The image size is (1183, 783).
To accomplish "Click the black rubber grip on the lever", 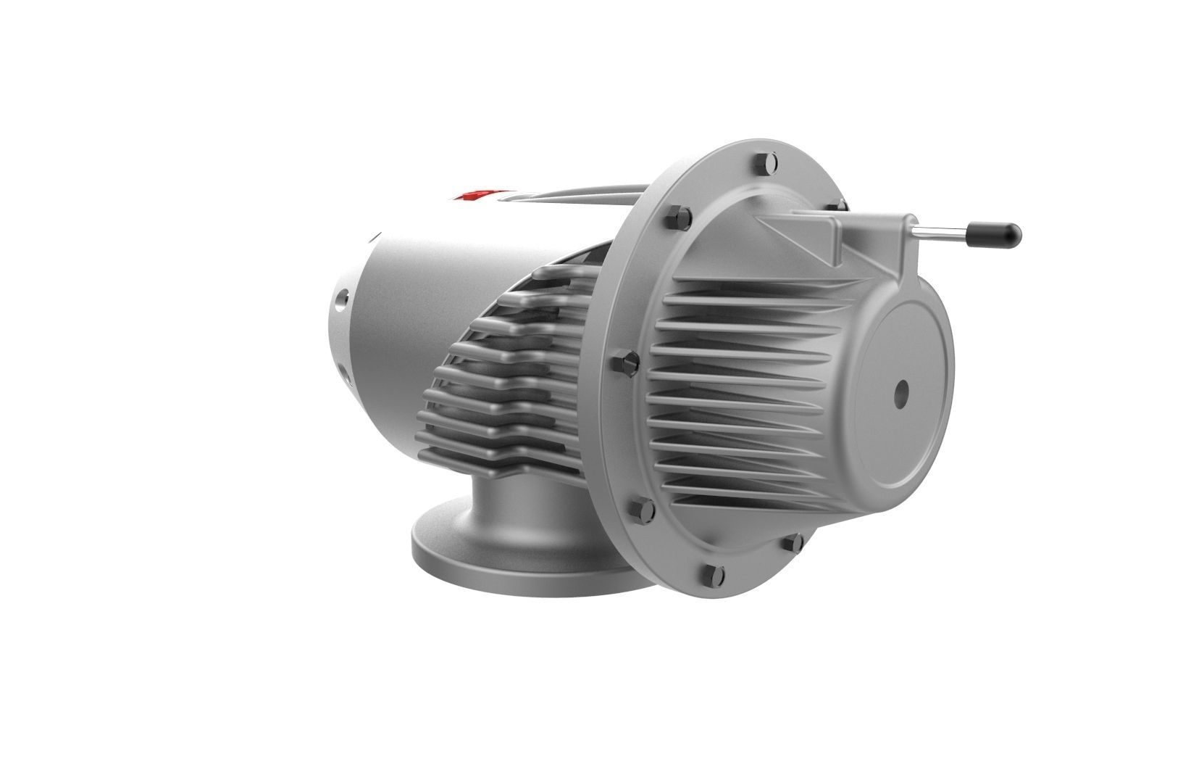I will pos(997,233).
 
